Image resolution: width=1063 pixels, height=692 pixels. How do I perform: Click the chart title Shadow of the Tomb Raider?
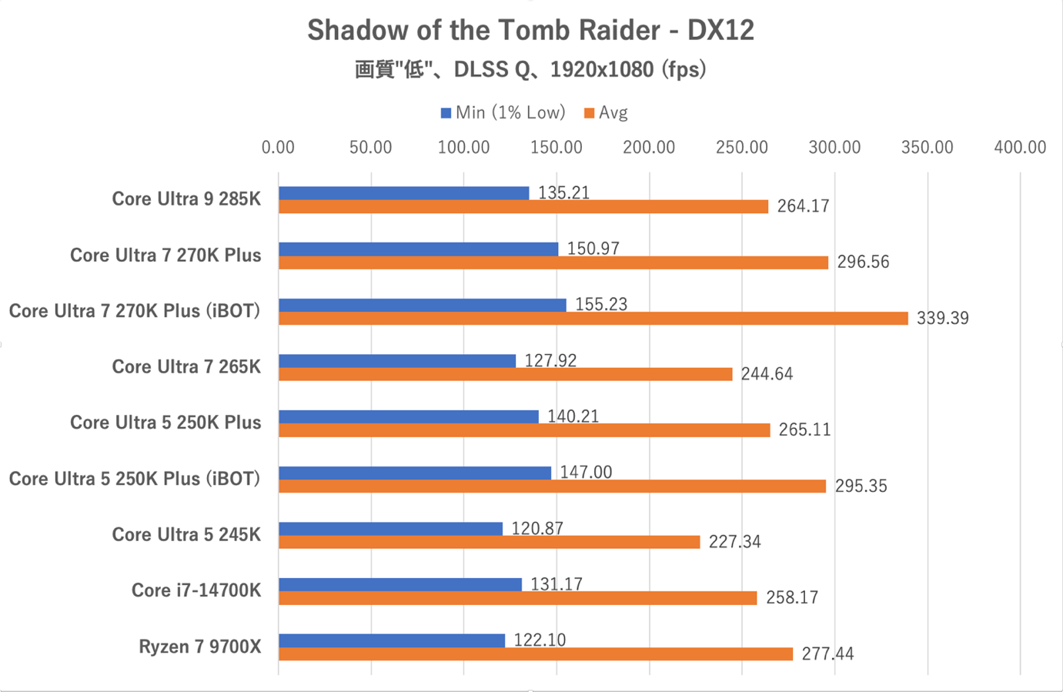coord(530,31)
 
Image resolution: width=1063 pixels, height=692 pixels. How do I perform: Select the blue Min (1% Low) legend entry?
coord(503,113)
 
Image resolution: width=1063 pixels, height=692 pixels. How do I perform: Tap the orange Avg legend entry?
coord(607,113)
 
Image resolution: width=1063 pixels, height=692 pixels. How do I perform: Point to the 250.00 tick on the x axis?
coord(741,148)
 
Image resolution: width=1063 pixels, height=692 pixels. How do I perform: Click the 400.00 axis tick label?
coord(1020,148)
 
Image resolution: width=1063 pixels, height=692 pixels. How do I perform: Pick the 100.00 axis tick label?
coord(463,148)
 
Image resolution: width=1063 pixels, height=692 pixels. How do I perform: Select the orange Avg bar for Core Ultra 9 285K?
coord(523,206)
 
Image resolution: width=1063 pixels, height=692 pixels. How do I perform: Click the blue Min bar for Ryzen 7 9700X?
coord(392,640)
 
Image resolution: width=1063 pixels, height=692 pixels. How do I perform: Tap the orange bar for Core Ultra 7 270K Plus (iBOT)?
coord(593,318)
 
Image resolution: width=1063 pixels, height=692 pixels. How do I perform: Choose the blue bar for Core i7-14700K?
coord(400,584)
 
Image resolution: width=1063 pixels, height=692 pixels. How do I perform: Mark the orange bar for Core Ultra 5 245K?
coord(490,542)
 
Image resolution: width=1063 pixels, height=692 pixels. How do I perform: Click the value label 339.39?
coord(942,319)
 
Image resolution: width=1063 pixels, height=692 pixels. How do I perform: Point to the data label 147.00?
coord(586,472)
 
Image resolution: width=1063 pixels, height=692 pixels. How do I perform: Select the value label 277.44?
coord(827,654)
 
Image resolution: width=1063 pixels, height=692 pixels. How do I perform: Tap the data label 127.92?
coord(550,360)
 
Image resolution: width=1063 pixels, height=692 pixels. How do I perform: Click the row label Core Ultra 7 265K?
coord(186,367)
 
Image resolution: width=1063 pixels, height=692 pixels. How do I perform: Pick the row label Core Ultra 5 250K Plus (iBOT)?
coord(135,479)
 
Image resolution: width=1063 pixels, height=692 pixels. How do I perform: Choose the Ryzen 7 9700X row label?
coord(200,647)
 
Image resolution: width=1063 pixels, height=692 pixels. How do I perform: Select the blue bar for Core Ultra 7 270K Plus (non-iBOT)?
coord(418,249)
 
